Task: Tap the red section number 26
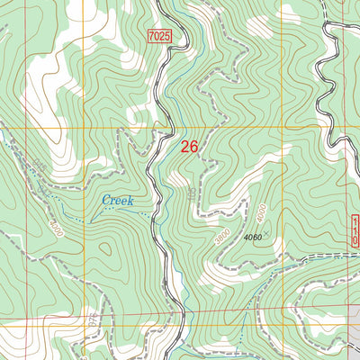click(190, 147)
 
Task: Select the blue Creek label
click(117, 200)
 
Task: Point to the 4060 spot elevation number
click(252, 238)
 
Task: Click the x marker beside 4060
click(265, 234)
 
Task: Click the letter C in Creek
click(105, 200)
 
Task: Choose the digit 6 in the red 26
click(195, 147)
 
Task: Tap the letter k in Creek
click(130, 200)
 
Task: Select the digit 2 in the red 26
click(184, 147)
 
